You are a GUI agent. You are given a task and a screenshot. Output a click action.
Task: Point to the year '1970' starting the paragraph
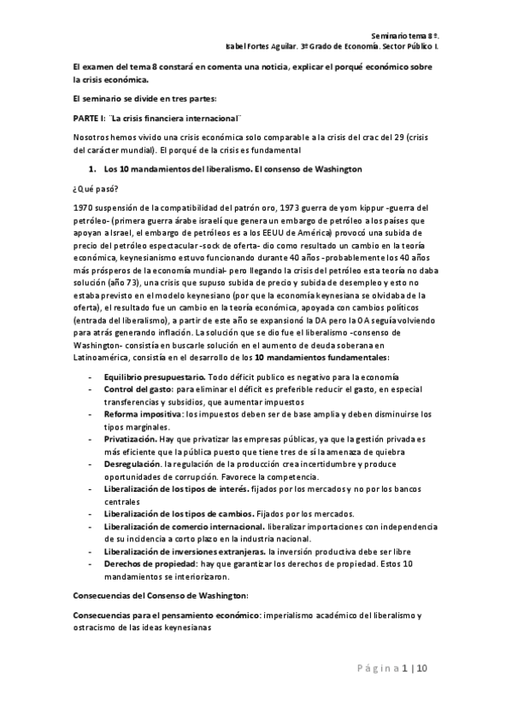(82, 207)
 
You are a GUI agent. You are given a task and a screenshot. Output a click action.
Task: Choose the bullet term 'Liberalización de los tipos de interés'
(183, 488)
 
